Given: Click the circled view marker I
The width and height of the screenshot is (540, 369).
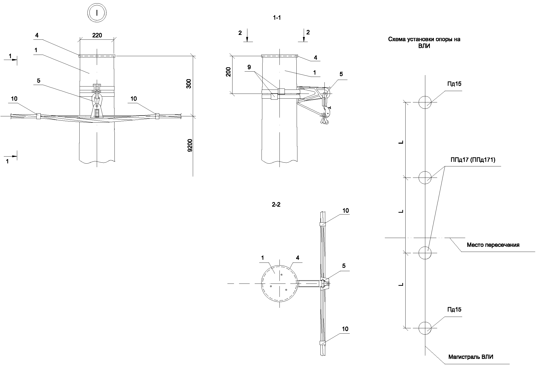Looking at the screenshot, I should [x=97, y=13].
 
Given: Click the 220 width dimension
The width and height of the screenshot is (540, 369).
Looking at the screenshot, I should [x=97, y=35].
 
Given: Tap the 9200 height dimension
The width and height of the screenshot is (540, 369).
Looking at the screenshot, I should [x=190, y=145].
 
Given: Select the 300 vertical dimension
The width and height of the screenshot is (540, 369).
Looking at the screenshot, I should [x=189, y=84].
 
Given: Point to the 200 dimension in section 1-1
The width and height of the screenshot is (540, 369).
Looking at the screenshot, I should [x=228, y=72].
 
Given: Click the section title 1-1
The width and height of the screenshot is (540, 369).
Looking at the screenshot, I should [x=277, y=18].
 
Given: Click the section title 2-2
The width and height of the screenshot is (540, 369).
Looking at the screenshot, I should [x=276, y=205].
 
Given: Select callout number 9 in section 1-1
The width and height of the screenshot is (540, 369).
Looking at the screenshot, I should [x=249, y=67].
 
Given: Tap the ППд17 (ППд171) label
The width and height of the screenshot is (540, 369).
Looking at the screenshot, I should [x=473, y=160].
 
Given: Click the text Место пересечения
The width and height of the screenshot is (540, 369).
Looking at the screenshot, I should [x=493, y=245].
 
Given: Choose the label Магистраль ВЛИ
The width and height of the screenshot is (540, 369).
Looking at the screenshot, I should [x=471, y=357].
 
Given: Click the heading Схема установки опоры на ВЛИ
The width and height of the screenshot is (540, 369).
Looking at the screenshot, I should [x=424, y=42].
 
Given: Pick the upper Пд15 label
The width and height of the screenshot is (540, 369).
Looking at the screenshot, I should [x=454, y=84].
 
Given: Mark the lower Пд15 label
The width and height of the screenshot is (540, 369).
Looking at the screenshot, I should [x=454, y=310].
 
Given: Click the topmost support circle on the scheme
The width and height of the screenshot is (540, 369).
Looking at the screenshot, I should [x=425, y=102].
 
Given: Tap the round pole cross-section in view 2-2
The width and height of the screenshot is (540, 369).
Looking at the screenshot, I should [x=279, y=284].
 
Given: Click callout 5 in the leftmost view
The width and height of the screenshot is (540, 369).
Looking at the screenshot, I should [x=38, y=81].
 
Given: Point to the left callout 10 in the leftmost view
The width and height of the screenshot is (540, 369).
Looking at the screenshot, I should [x=14, y=99].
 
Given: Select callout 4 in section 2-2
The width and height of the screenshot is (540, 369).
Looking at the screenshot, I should [x=297, y=258].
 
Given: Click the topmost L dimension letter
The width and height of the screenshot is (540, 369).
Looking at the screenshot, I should [x=401, y=142].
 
